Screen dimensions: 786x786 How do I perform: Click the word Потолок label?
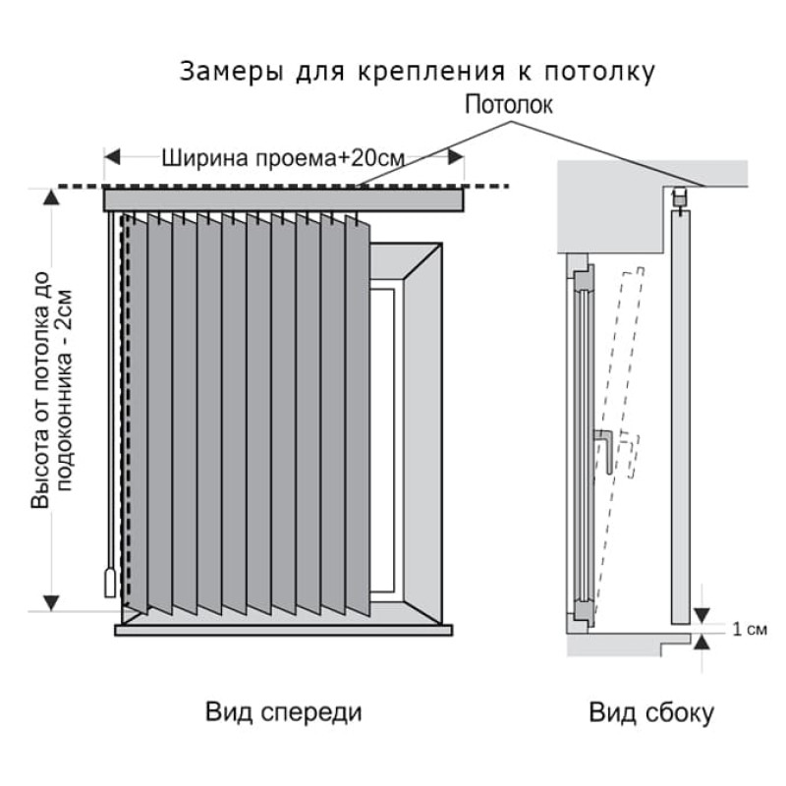tap(509, 104)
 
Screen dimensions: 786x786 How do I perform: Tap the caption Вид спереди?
tap(283, 711)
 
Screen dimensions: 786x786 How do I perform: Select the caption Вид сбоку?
tap(651, 712)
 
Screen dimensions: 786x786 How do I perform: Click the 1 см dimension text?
tap(750, 630)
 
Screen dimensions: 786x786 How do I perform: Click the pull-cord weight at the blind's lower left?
tap(110, 582)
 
